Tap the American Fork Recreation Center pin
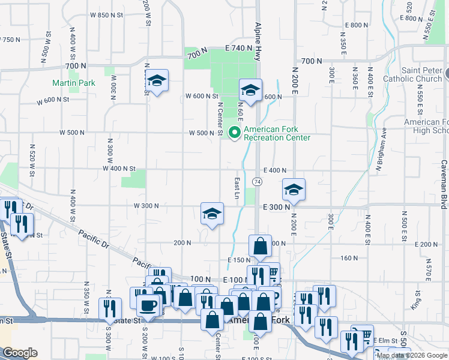pyautogui.click(x=235, y=132)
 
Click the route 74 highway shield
pyautogui.click(x=257, y=182)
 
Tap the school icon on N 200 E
pyautogui.click(x=294, y=190)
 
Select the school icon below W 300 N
pyautogui.click(x=212, y=214)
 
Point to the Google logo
pyautogui.click(x=20, y=353)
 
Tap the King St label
pyautogui.click(x=414, y=301)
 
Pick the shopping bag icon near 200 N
pyautogui.click(x=260, y=247)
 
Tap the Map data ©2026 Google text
pyautogui.click(x=412, y=355)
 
